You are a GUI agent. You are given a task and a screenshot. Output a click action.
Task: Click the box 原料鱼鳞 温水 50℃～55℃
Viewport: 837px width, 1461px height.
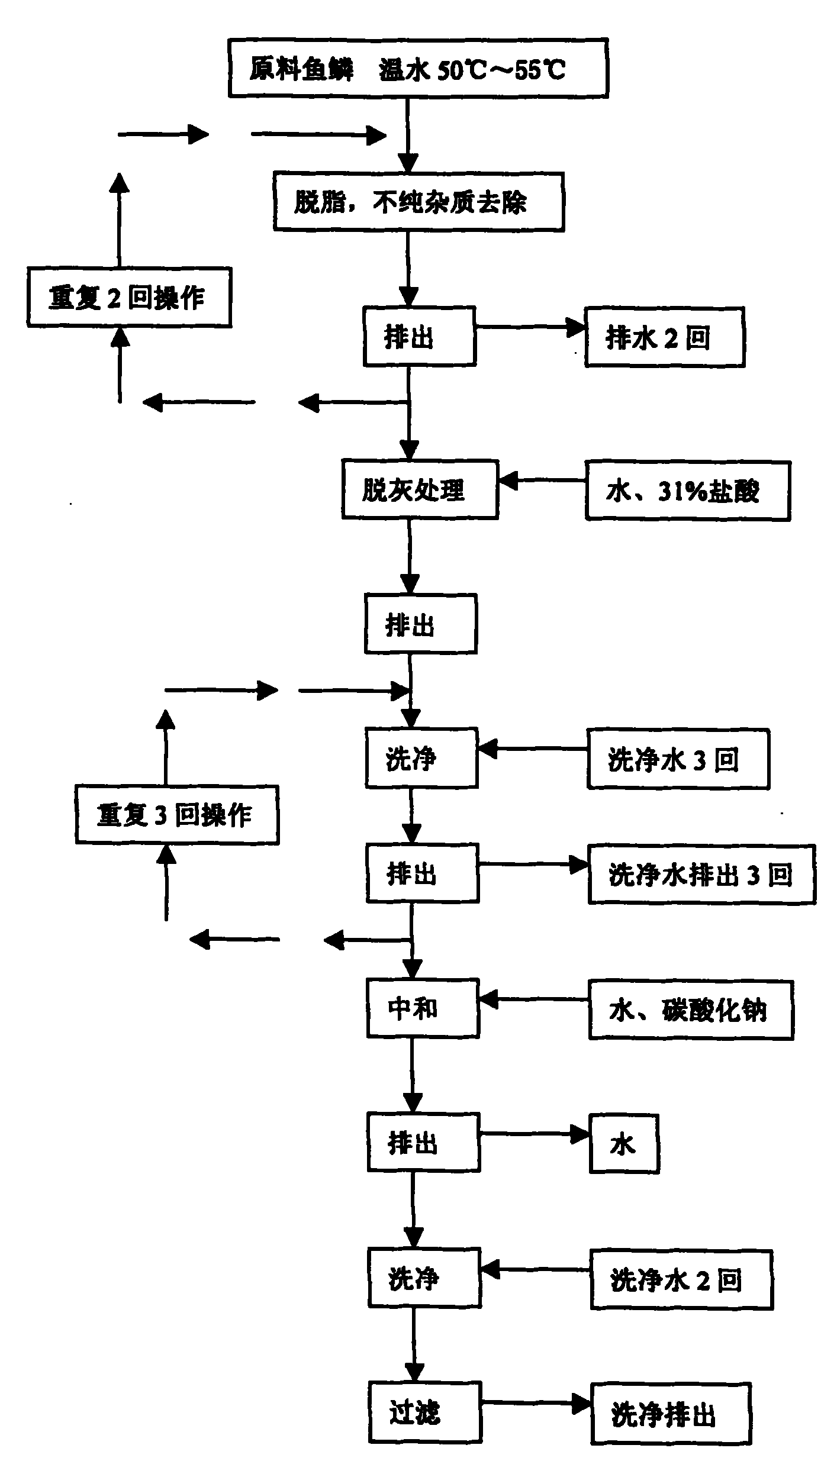click(418, 68)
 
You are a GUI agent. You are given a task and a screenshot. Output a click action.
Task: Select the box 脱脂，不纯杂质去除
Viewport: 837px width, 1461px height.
click(418, 202)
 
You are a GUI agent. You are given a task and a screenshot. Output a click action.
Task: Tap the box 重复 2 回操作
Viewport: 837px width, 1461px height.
click(129, 297)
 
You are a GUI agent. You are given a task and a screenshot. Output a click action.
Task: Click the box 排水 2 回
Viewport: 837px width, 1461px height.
click(664, 337)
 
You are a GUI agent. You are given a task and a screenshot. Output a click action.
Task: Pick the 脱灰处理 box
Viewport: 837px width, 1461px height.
click(419, 489)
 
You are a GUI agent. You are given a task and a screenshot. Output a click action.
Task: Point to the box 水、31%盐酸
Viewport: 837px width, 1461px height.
click(687, 491)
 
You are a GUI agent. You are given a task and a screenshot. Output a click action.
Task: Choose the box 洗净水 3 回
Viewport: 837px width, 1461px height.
click(678, 759)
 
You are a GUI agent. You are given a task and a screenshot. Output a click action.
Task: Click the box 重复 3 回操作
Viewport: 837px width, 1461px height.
click(176, 815)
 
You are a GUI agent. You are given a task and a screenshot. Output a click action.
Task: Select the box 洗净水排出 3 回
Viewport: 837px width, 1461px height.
click(701, 875)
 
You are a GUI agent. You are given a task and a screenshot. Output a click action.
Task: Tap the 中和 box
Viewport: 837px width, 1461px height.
click(422, 1008)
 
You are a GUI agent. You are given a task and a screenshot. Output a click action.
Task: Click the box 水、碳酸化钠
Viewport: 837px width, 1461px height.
click(690, 1010)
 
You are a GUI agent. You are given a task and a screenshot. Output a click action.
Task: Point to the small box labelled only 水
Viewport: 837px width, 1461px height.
click(624, 1144)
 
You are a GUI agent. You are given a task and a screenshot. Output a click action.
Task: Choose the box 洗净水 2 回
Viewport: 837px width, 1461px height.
click(681, 1280)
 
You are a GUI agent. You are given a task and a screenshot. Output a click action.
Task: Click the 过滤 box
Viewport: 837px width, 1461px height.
click(424, 1414)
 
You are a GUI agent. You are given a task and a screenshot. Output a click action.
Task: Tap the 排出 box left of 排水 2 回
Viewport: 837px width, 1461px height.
click(419, 336)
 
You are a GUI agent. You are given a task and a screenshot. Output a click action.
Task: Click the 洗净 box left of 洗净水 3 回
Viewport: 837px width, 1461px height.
click(421, 758)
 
